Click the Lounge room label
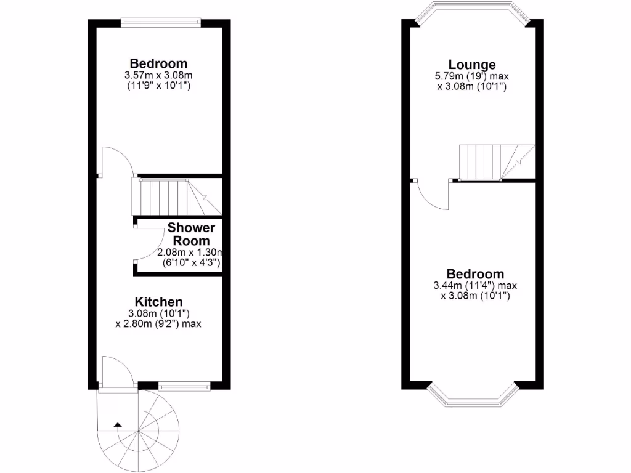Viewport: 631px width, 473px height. coord(472,65)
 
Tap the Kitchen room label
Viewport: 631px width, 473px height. coord(159,302)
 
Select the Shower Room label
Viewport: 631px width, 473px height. coord(191,235)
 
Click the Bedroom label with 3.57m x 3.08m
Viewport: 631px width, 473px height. coord(158,63)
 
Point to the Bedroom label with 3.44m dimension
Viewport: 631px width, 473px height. coord(475,274)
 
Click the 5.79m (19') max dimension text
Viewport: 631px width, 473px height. coord(472,76)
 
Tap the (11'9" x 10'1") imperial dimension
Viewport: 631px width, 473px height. coord(158,86)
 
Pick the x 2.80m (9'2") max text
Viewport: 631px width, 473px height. coord(158,323)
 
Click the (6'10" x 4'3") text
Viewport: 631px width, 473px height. coord(191,263)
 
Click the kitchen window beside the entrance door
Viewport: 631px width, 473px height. coord(184,387)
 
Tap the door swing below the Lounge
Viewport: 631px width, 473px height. coord(433,195)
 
